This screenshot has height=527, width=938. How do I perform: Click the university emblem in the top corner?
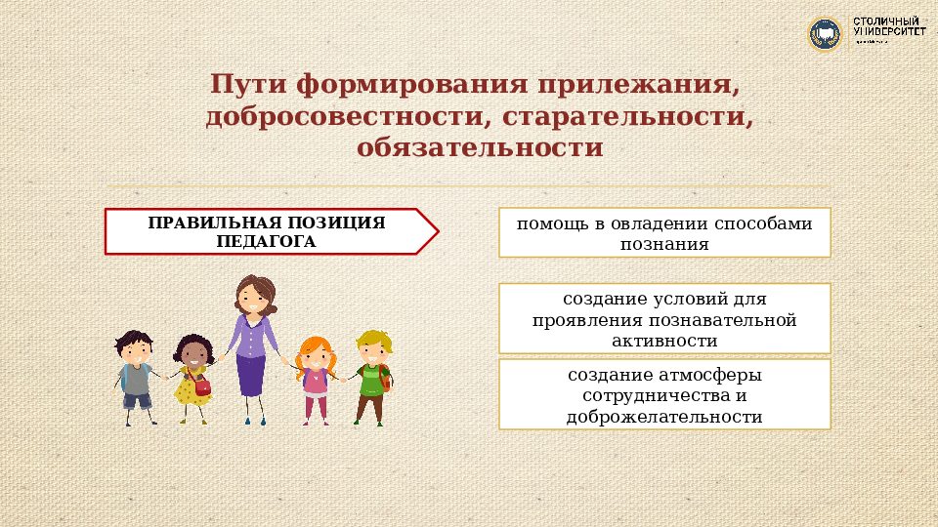click(x=825, y=34)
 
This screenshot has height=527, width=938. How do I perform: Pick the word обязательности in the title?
click(x=480, y=149)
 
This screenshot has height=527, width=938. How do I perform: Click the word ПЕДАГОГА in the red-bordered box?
click(x=267, y=241)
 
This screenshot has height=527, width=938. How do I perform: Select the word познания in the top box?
click(x=663, y=243)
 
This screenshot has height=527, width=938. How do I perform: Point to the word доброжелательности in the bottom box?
click(x=663, y=417)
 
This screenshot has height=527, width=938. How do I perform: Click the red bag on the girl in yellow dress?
click(x=202, y=386)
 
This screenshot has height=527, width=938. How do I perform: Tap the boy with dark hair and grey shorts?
click(x=136, y=376)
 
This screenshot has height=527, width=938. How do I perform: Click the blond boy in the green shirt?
click(x=372, y=376)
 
